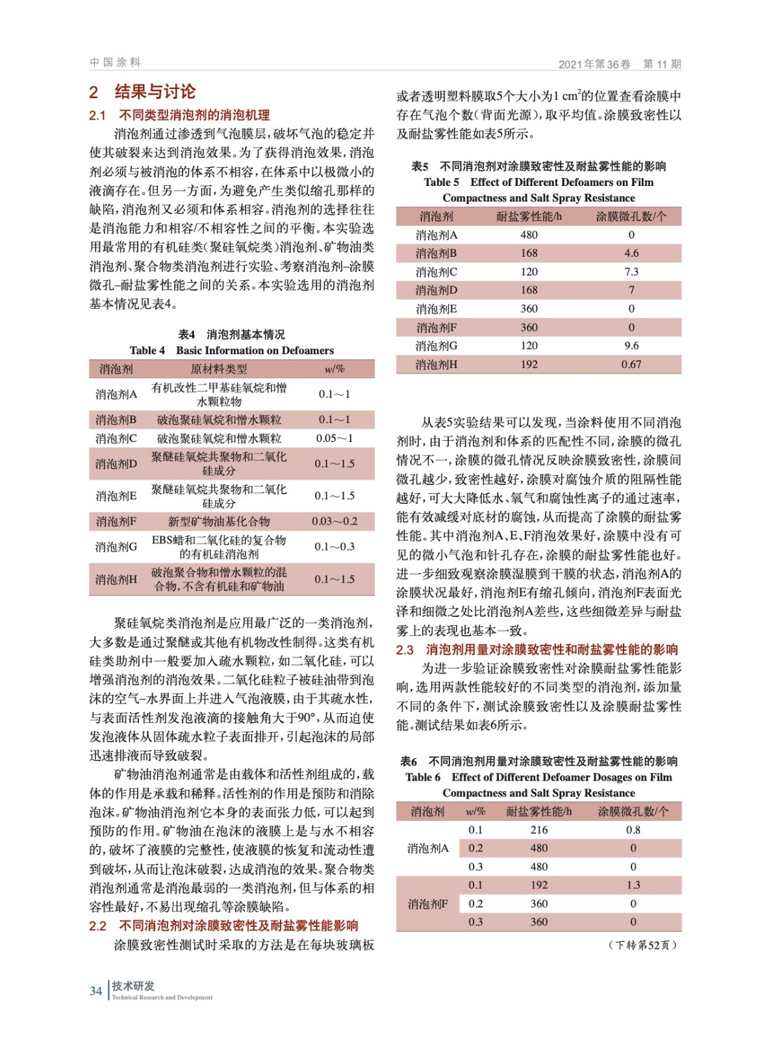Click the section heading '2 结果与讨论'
coord(142,92)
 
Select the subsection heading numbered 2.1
coord(179,115)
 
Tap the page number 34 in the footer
coord(95,991)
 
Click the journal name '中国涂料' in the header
coord(115,62)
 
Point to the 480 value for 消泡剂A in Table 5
coord(529,235)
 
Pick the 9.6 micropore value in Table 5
coord(631,346)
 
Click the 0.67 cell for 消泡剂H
coord(631,365)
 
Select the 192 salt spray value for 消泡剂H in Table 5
coord(529,365)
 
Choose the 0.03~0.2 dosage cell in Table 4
coord(335,521)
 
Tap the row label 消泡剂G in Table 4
coord(116,547)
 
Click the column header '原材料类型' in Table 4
coord(219,369)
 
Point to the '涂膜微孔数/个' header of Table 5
coord(631,216)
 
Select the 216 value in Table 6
coord(539,830)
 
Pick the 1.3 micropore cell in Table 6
coord(633,885)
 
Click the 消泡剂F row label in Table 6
coord(427,904)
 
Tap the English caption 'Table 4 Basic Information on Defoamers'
coord(232,350)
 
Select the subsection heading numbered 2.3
coord(537,649)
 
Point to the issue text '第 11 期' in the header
coord(662,64)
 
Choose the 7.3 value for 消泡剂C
coord(631,272)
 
